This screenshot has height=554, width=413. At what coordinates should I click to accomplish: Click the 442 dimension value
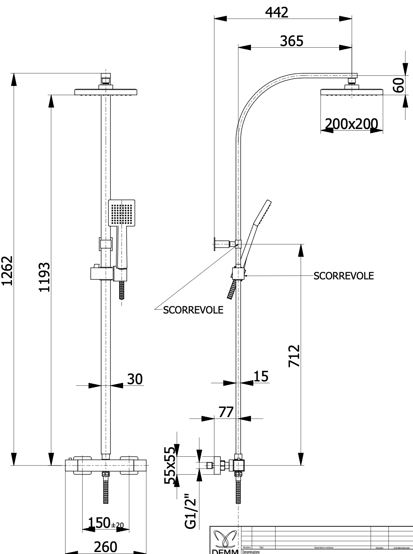coord(276,12)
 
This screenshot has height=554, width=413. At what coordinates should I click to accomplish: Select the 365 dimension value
coord(291,41)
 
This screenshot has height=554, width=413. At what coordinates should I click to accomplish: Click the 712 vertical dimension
coord(293,356)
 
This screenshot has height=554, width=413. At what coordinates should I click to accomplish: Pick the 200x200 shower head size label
coord(351,124)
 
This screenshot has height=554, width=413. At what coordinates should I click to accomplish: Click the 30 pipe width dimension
coord(135,379)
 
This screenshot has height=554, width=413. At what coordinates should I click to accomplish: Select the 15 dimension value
coord(261,376)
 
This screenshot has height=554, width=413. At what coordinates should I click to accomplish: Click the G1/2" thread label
coord(191,511)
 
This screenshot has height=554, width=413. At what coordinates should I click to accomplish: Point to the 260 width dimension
coord(105,547)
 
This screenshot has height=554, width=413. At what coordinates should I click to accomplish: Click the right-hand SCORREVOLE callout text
coord(344,276)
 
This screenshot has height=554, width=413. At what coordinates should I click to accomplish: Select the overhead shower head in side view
coord(352,93)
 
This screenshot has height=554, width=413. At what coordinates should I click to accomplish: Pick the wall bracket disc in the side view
coord(215,243)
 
